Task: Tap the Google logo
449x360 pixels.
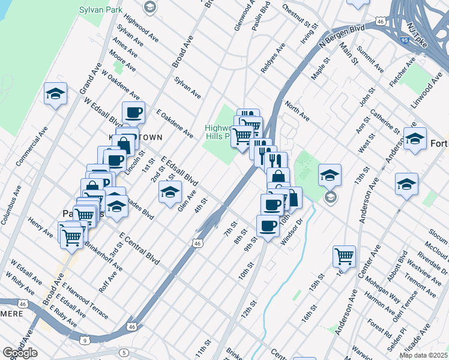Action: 20,353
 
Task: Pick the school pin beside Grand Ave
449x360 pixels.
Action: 55,94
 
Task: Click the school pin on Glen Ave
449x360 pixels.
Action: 170,191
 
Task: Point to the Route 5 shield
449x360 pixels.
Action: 124,352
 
